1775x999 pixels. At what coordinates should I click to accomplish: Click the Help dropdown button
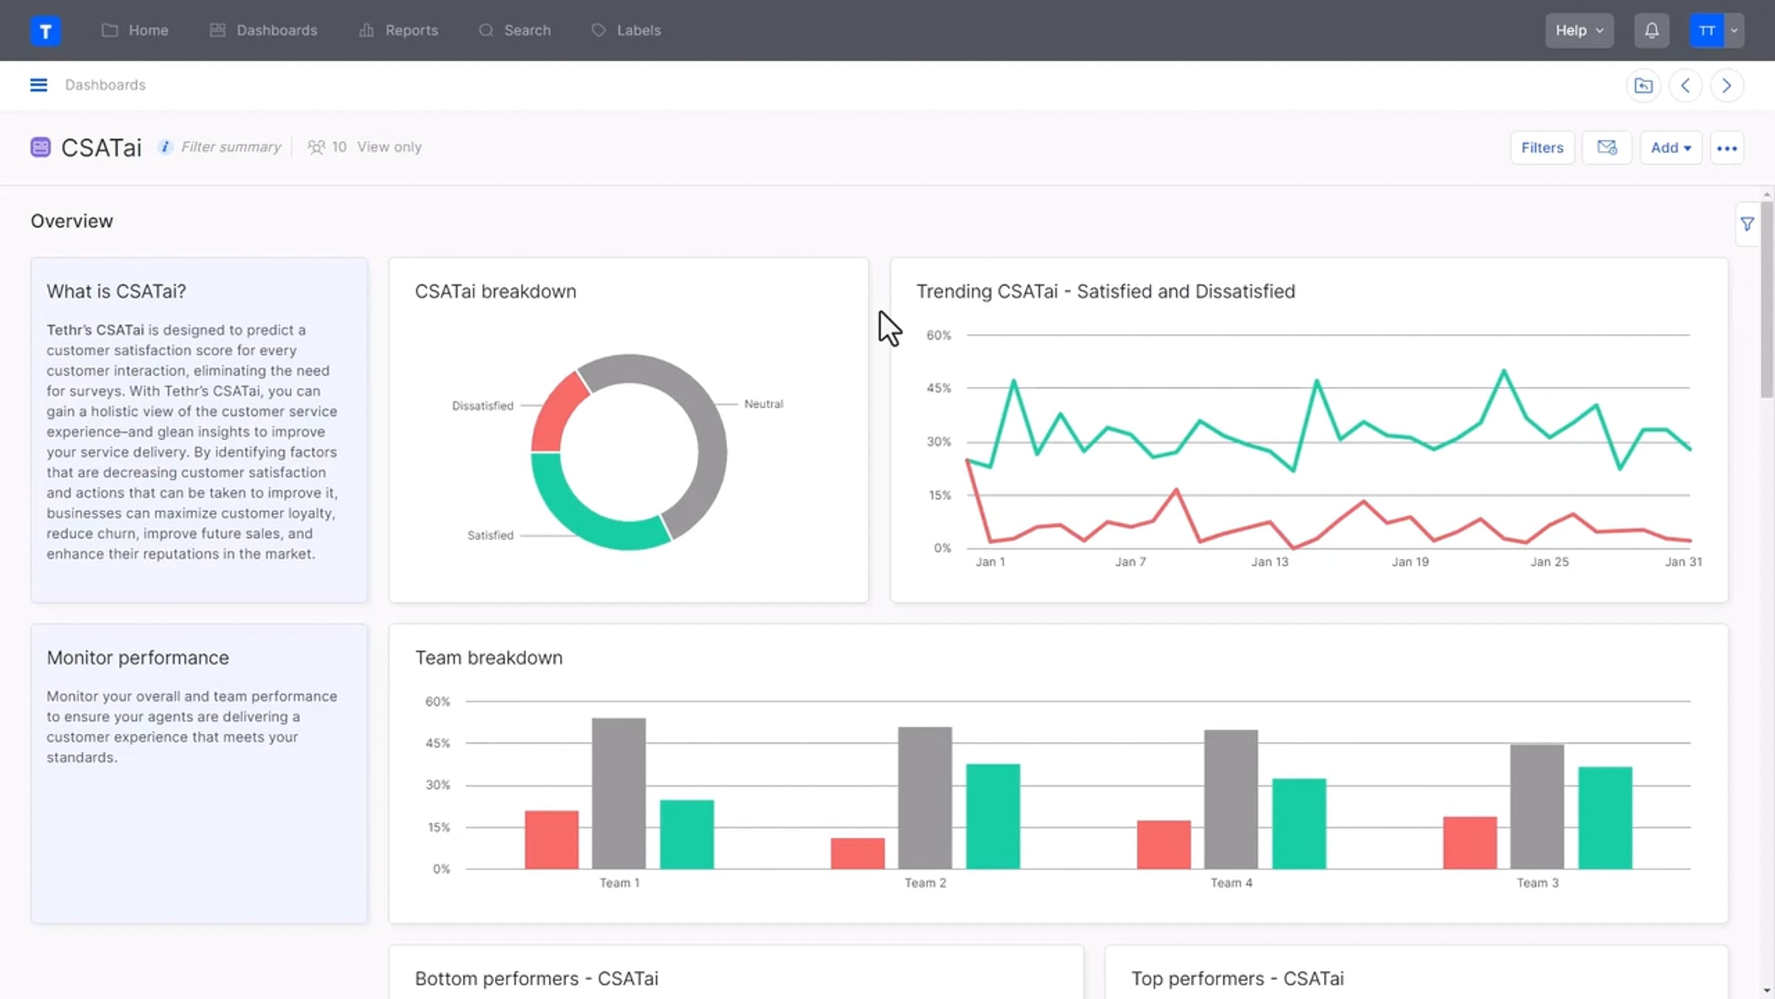point(1579,30)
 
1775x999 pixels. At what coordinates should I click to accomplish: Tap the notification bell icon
point(1651,30)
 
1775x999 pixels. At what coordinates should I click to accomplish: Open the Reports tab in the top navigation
point(399,30)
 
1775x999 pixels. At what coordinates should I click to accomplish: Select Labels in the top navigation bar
point(626,30)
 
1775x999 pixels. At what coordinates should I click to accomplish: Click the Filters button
point(1542,148)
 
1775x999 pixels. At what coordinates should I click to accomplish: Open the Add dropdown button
point(1671,148)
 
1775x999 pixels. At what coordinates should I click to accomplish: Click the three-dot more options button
point(1727,148)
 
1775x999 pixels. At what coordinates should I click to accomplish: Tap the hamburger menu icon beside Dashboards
point(38,85)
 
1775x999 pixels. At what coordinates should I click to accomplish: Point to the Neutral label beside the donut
point(763,404)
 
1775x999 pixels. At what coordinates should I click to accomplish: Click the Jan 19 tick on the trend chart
point(1410,562)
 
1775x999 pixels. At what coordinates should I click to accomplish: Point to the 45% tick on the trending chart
point(939,388)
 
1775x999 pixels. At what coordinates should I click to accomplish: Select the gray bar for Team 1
point(619,793)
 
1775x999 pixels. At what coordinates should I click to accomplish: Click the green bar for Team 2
point(993,816)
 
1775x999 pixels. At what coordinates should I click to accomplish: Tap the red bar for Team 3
point(1470,843)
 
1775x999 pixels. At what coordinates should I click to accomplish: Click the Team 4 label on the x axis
point(1231,883)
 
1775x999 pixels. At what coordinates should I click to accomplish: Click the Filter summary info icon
point(165,147)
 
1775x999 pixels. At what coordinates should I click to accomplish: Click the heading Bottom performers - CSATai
point(536,978)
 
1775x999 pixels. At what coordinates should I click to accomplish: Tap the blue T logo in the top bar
point(45,30)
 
